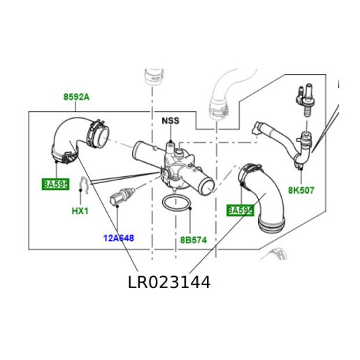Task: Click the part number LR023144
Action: pos(169,282)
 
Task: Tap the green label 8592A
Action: pos(76,98)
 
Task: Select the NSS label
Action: pos(171,120)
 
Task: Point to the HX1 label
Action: pos(80,210)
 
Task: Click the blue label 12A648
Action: pos(118,238)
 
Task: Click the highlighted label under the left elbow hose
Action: pos(55,185)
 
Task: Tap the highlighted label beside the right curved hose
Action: pos(240,210)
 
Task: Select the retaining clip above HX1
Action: pos(82,186)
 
